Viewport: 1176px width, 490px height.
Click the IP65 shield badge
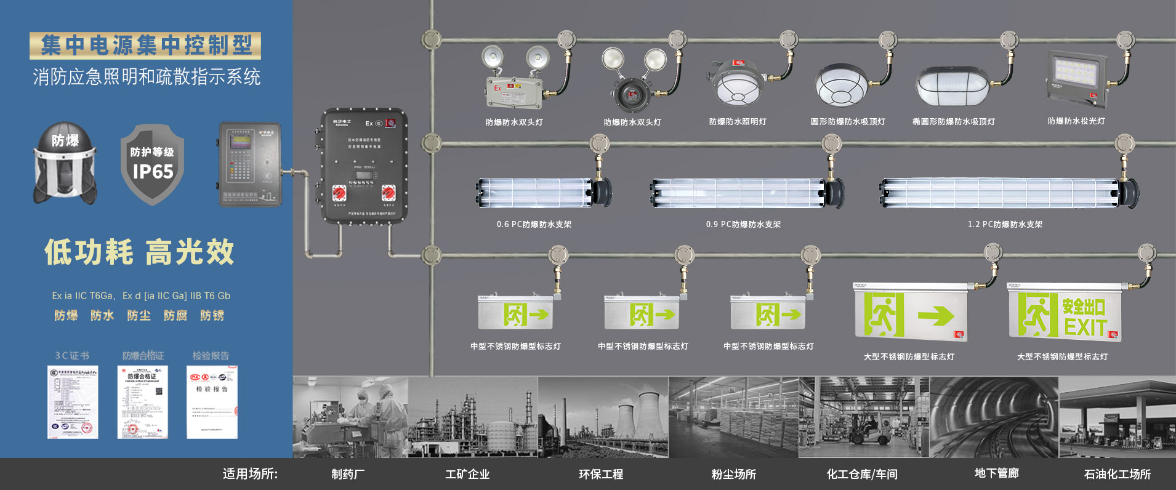[152, 164]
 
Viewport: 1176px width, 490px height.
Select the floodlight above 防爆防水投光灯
[1075, 79]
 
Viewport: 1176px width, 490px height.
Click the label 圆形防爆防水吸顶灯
[848, 122]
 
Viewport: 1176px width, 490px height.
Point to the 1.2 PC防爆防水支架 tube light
[1008, 193]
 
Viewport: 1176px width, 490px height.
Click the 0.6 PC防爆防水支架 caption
[534, 225]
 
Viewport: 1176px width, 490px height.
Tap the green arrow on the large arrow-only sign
[936, 316]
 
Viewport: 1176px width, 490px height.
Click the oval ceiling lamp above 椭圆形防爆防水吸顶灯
[952, 87]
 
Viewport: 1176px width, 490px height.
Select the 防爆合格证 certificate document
[142, 402]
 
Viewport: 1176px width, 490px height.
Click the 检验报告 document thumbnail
[212, 402]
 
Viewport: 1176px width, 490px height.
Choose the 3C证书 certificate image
[73, 402]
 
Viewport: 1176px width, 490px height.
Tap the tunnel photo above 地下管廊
[994, 417]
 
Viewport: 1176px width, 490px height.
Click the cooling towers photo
[603, 417]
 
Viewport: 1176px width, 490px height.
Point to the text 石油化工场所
[1117, 474]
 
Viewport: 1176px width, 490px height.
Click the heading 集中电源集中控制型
[145, 46]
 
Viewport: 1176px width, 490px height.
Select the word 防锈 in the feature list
[212, 316]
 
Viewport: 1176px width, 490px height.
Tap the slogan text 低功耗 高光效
[139, 252]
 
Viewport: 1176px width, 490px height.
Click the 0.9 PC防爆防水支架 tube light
[747, 193]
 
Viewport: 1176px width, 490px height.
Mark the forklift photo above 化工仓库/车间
[864, 417]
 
